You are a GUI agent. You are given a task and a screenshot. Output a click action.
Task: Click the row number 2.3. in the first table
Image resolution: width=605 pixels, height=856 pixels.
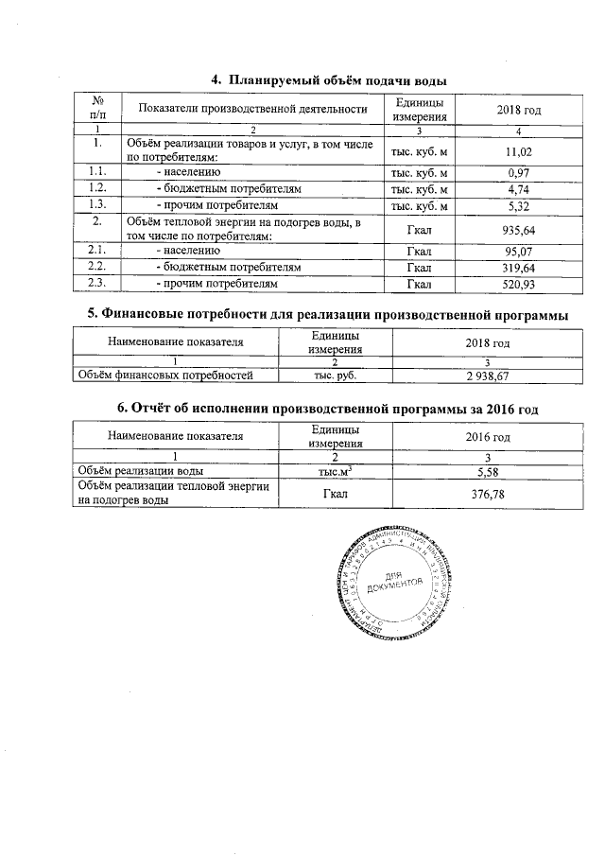pyautogui.click(x=96, y=284)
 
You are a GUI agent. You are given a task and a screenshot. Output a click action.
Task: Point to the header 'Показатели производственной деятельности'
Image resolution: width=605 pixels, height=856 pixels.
pyautogui.click(x=252, y=109)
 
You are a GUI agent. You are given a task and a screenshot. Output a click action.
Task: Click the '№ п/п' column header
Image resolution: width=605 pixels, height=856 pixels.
pyautogui.click(x=96, y=109)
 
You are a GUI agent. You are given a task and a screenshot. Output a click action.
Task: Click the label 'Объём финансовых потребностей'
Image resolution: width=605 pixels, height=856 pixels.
pyautogui.click(x=176, y=376)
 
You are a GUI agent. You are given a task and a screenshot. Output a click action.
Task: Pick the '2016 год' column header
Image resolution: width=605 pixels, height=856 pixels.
pyautogui.click(x=488, y=437)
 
